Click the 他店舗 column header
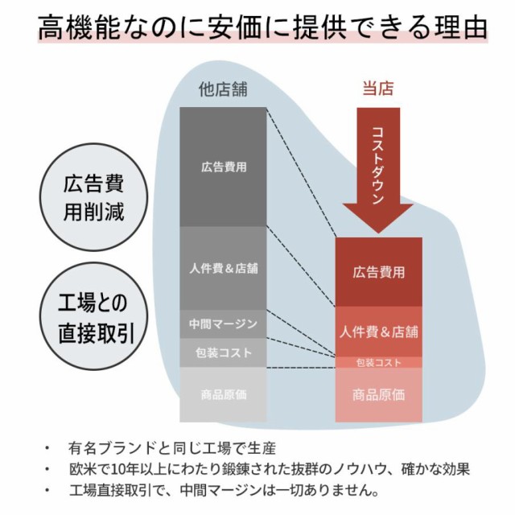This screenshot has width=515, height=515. coord(223,89)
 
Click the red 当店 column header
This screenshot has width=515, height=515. coord(377,89)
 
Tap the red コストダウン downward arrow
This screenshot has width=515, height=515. coord(378,170)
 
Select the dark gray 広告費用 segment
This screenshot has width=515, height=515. coord(223,167)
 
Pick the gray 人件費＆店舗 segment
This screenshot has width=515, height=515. coord(223,268)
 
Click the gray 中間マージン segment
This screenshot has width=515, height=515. coord(223,324)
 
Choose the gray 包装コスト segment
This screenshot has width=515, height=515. coord(223,352)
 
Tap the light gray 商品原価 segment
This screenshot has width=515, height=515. coord(223,394)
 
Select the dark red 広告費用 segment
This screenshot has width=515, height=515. coord(378,272)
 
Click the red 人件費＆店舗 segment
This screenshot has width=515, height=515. coord(378,332)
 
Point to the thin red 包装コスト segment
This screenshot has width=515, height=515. coord(378,362)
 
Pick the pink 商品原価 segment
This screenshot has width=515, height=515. coord(378,394)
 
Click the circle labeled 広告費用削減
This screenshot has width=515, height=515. coord(93,197)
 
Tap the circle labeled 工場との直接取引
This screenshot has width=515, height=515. coord(93,316)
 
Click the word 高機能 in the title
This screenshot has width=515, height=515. coord(79,27)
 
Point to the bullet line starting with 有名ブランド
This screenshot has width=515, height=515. coord(171,448)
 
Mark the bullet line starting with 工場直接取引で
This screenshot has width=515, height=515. coord(224,490)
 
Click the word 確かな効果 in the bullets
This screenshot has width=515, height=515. coord(435,469)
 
